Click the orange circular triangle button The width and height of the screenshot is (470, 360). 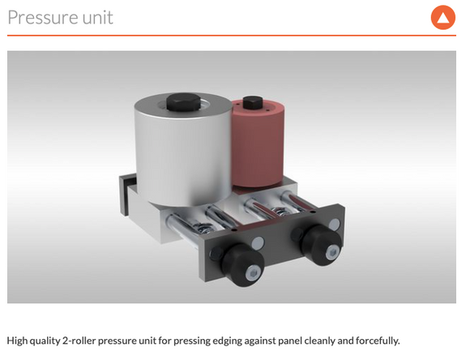tap(443, 17)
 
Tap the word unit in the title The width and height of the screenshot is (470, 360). tap(98, 17)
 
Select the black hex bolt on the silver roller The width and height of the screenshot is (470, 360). tap(183, 102)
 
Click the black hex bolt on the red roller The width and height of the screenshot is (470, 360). tap(253, 103)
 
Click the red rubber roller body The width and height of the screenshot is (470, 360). tap(258, 144)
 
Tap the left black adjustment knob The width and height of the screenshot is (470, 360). tap(243, 264)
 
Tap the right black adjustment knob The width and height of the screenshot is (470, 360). tap(322, 245)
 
